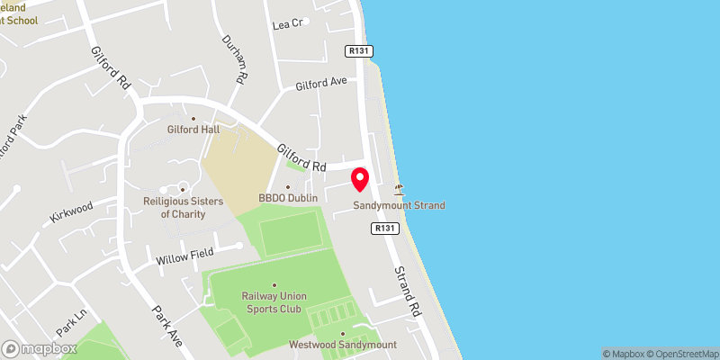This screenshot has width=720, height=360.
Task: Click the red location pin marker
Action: tap(360, 179)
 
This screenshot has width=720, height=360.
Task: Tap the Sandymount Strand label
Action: tap(399, 205)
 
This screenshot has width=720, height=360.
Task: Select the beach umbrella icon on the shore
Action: tap(399, 189)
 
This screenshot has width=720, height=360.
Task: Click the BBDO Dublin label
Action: tap(289, 197)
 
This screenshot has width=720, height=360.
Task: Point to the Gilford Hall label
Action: tap(193, 129)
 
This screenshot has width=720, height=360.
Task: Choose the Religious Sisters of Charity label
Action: tap(183, 208)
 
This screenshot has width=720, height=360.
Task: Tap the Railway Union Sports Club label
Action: tap(274, 302)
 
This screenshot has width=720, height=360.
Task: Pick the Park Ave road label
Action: tap(166, 328)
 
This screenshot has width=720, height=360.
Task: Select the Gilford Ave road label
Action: tap(321, 85)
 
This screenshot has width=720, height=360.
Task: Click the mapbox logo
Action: tap(38, 348)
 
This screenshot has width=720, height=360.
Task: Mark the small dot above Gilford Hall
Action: tap(193, 117)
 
